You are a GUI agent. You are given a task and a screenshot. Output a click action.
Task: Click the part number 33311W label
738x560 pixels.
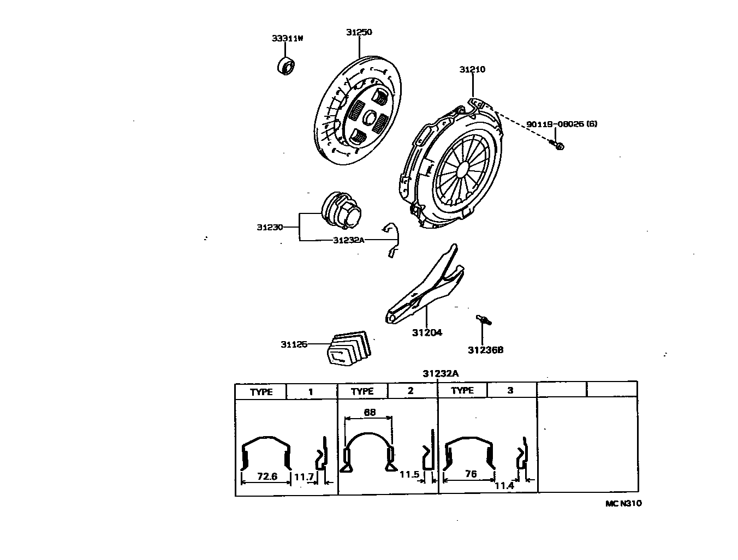click(287, 38)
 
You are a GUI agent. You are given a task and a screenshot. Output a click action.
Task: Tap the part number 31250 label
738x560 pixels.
click(359, 32)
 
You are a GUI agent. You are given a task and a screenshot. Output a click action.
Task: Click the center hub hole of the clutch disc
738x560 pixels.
click(369, 118)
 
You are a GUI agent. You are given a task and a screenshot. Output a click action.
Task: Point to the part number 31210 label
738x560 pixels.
click(472, 69)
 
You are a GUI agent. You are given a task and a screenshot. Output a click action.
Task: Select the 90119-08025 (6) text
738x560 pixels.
click(562, 124)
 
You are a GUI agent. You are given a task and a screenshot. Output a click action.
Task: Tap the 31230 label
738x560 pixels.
click(270, 227)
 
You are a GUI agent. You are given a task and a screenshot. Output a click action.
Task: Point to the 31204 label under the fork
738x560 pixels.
click(427, 332)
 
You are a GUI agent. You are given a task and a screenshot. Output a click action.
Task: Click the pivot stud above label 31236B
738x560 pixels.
click(483, 320)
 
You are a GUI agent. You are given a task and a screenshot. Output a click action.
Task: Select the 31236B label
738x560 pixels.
click(485, 350)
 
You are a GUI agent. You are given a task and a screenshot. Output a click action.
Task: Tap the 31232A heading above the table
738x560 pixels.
click(440, 373)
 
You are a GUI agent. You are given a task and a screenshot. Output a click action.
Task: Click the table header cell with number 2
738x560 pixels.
click(410, 391)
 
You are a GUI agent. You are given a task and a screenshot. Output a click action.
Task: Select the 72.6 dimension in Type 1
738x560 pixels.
click(267, 476)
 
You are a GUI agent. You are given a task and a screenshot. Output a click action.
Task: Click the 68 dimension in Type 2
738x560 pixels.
click(370, 413)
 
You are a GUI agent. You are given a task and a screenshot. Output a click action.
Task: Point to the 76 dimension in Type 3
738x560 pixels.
click(471, 474)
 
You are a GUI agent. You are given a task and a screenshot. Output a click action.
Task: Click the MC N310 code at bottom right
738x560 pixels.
click(623, 503)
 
